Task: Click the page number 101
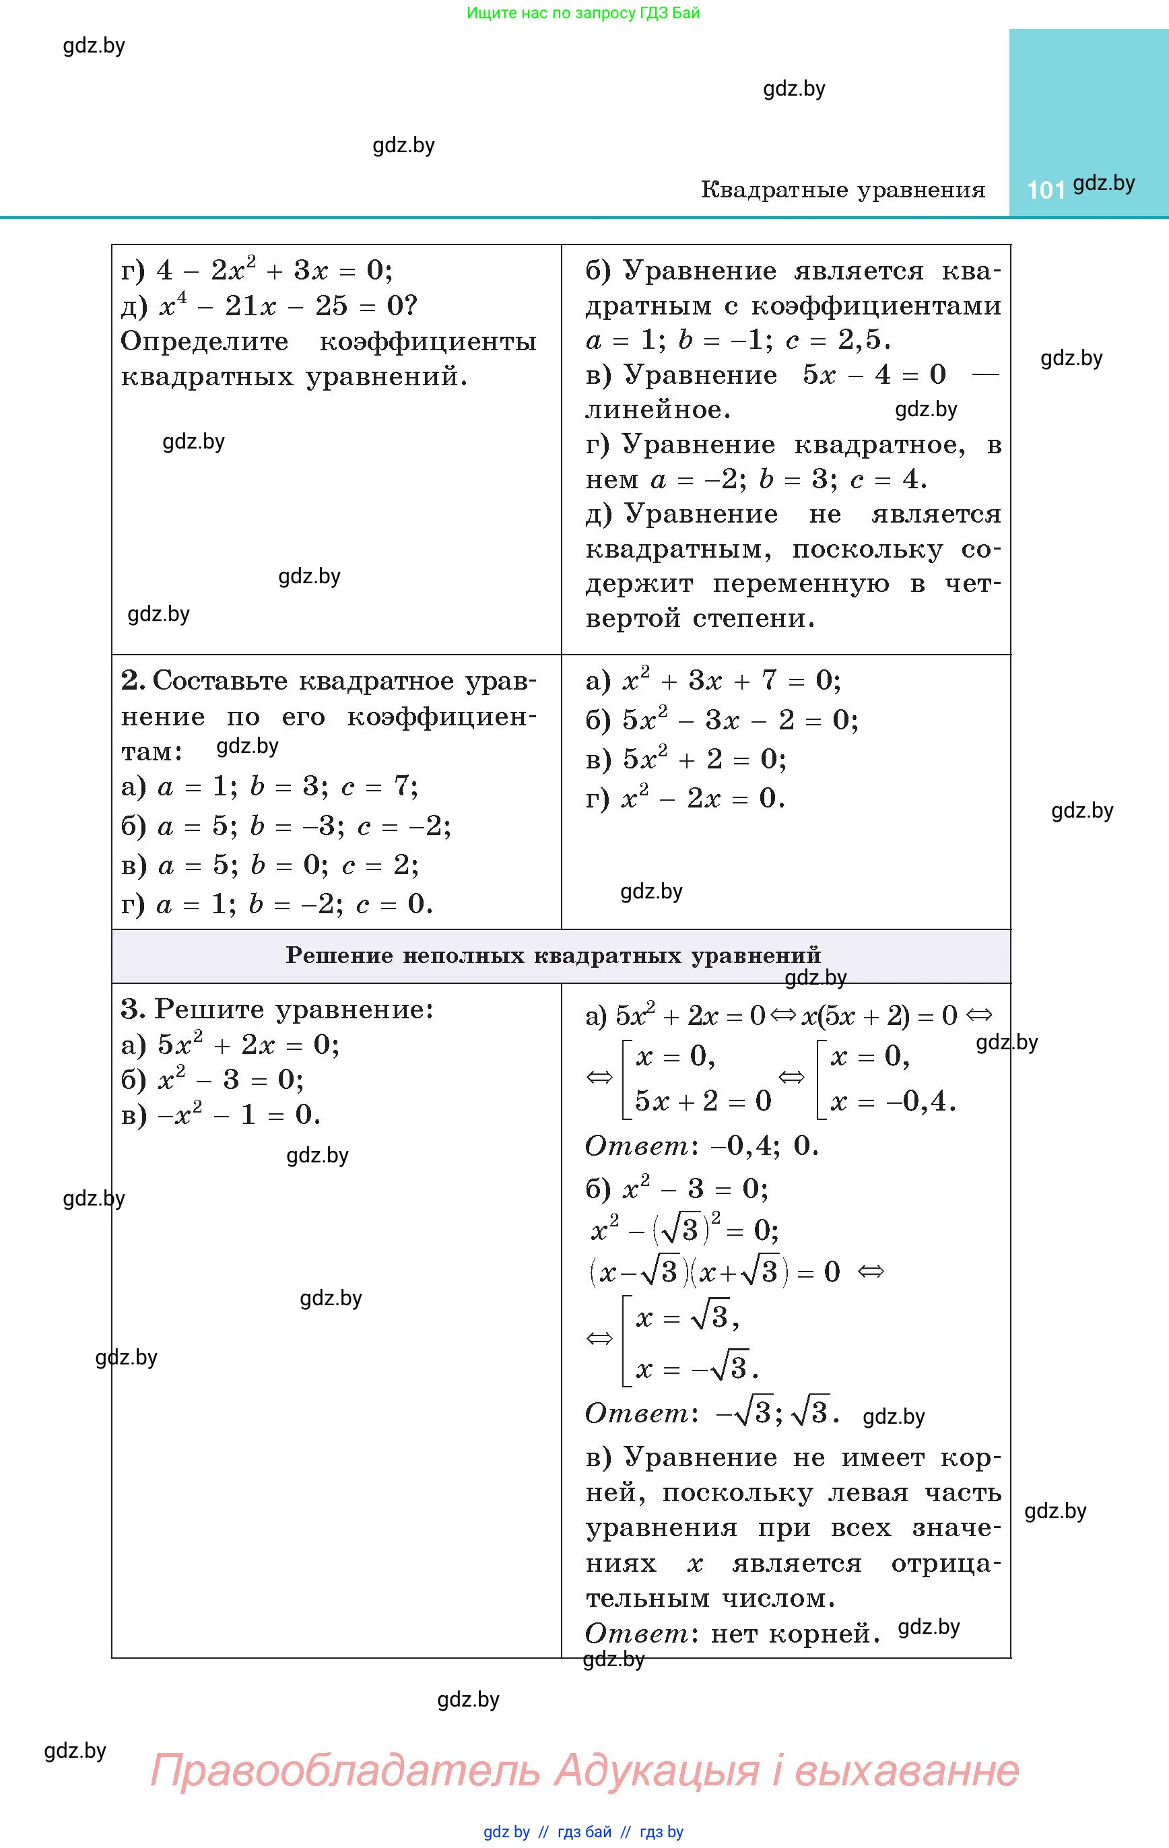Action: point(1045,189)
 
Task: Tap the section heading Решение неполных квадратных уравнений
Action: point(553,956)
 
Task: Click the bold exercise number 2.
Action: point(132,681)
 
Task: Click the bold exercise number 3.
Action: point(132,1009)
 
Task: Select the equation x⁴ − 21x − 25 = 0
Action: point(288,306)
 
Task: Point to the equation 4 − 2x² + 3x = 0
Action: point(274,270)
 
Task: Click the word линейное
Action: point(657,410)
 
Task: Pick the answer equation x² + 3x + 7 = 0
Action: point(731,681)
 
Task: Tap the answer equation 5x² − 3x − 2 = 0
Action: point(740,720)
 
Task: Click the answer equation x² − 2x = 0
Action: point(702,799)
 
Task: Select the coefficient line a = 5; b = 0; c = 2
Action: point(288,865)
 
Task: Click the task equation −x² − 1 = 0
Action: point(238,1115)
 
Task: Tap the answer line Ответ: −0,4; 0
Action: point(702,1146)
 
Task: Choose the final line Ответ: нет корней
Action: point(731,1633)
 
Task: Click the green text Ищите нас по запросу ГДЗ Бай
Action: point(583,13)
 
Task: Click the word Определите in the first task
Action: point(204,341)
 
